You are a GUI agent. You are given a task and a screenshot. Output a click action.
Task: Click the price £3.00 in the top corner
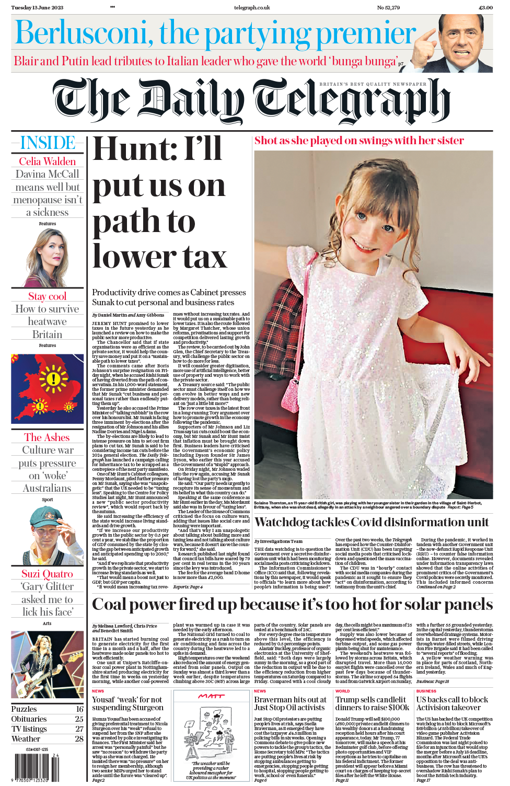[485, 8]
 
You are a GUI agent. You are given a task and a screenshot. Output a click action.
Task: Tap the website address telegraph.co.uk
[252, 8]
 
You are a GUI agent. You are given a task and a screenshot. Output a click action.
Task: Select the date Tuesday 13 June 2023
[37, 8]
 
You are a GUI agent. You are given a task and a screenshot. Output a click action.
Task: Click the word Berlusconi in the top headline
[84, 33]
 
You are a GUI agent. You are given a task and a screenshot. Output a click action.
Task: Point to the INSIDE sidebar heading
[48, 143]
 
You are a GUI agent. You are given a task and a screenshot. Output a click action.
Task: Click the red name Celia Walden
[48, 161]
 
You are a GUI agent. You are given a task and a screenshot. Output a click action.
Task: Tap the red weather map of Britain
[47, 388]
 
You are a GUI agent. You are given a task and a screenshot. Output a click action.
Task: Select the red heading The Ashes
[47, 437]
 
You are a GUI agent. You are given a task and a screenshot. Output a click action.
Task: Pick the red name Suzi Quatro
[47, 574]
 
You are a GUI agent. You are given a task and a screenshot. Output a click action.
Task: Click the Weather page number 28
[79, 739]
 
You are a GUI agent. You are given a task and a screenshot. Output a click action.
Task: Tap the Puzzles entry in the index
[24, 709]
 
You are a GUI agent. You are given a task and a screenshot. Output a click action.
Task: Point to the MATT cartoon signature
[211, 696]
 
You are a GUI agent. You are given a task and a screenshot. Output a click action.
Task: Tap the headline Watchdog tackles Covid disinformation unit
[372, 522]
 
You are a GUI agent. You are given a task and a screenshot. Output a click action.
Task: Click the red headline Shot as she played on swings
[359, 141]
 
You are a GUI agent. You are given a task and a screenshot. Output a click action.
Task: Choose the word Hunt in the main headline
[128, 149]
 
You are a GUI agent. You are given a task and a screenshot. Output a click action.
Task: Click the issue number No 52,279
[388, 8]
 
